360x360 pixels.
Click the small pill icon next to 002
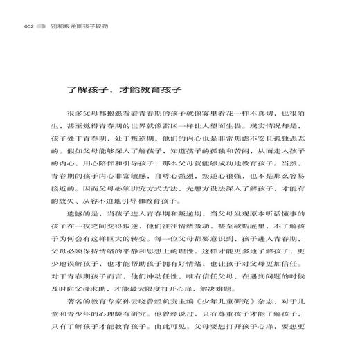[x=41, y=28]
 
